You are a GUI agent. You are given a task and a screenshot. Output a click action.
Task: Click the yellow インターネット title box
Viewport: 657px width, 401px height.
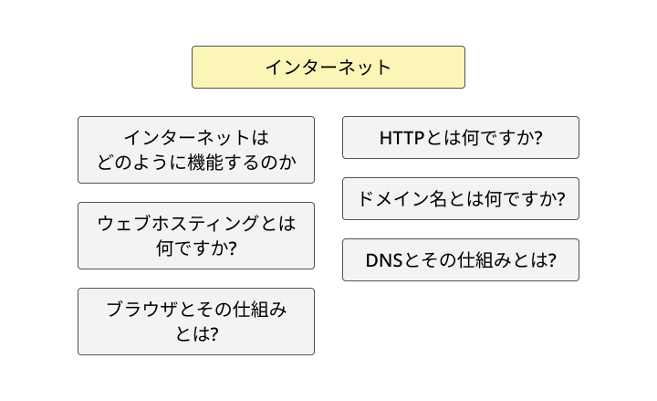[328, 68]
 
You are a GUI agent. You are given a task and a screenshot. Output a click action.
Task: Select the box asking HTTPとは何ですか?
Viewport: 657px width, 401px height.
[460, 138]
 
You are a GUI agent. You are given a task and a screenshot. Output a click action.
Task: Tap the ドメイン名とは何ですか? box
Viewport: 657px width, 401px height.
[460, 199]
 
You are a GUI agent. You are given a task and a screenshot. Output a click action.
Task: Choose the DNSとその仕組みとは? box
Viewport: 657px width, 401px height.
[460, 260]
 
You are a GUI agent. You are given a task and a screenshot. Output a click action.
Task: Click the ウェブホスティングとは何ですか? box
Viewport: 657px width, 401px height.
[195, 236]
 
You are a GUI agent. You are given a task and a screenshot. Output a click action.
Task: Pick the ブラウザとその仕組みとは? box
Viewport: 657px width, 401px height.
[195, 322]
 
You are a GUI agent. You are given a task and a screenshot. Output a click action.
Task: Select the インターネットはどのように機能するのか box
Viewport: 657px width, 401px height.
[195, 150]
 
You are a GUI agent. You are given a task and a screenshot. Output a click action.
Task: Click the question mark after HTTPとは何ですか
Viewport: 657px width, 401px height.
[538, 138]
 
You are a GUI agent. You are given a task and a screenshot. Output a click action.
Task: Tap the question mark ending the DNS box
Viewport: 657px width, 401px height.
[550, 260]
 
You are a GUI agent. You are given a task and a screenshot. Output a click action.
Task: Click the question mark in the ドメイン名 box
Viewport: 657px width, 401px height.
[559, 199]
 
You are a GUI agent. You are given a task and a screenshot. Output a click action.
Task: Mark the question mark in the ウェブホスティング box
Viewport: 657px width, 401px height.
[232, 248]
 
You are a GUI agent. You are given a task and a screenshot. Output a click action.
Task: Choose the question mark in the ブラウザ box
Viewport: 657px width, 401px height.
[214, 333]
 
